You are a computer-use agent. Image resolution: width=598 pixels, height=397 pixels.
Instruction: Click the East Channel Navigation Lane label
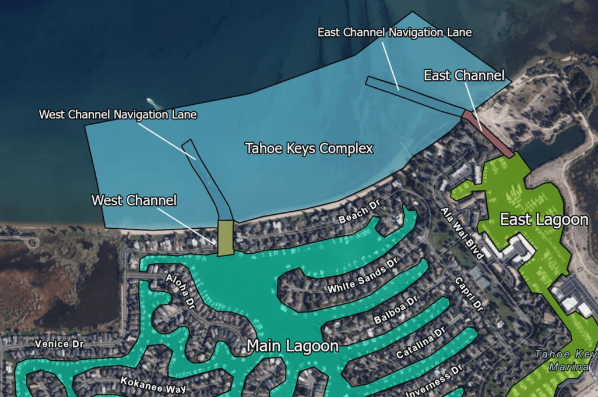pos(395,32)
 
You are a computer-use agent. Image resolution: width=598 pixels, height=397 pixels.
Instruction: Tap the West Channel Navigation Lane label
pos(118,115)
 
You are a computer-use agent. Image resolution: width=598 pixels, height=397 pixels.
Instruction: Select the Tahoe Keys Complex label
pos(309,148)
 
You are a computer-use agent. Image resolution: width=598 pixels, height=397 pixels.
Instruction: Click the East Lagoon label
pos(544,219)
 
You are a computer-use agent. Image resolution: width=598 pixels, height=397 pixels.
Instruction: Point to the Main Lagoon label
pos(293,346)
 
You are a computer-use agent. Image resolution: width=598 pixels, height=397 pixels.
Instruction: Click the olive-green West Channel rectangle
pos(226,238)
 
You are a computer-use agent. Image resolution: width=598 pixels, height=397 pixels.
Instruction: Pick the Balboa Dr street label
pos(396,310)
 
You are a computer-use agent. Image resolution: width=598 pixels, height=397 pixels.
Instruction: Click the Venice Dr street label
pos(59,344)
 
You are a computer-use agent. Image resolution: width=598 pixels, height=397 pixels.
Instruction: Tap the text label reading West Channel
pos(134,201)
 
